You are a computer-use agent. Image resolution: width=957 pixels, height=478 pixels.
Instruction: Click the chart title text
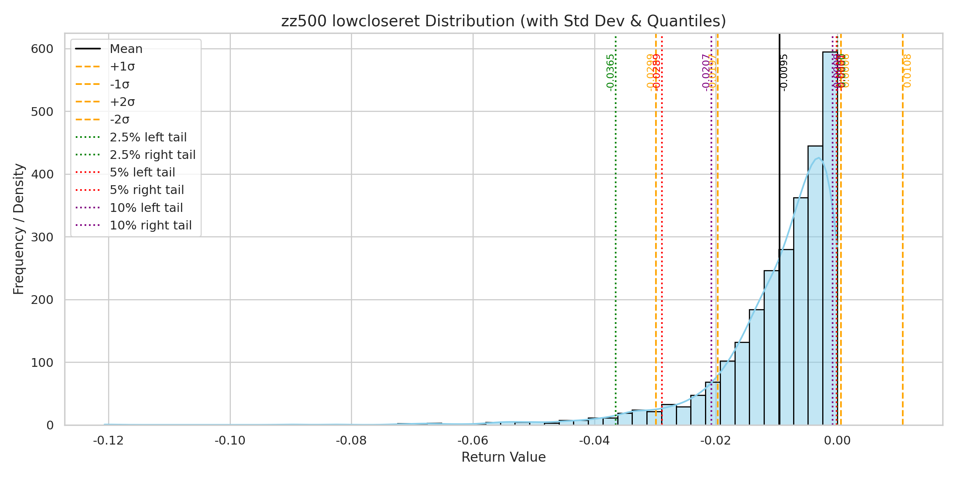point(503,21)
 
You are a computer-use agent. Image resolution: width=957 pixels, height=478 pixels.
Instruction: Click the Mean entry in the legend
point(126,49)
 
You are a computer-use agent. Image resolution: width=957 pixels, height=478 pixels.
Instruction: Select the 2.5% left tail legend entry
point(148,137)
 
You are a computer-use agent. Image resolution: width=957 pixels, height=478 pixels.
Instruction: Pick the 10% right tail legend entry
point(150,225)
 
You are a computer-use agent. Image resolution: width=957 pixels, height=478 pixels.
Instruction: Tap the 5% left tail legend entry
point(142,172)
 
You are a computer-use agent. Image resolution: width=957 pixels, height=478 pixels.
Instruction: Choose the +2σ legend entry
point(122,102)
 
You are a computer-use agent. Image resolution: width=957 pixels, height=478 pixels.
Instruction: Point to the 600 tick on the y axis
point(42,49)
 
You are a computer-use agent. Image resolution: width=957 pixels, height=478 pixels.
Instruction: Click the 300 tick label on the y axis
point(42,237)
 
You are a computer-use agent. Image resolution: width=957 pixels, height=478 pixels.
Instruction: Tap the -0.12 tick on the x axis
point(108,441)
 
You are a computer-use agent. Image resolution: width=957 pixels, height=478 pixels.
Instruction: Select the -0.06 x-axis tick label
point(473,441)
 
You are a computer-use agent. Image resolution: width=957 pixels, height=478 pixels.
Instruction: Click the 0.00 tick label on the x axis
point(837,441)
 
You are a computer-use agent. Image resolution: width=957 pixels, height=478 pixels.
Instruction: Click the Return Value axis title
point(503,457)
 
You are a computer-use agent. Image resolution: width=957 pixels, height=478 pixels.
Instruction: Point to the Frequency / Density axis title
point(19,229)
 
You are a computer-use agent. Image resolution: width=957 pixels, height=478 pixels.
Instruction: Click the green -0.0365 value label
point(610,72)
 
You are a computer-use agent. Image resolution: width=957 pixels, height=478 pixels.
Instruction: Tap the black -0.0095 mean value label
point(784,72)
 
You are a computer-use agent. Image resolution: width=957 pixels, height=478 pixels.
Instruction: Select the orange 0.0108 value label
point(908,71)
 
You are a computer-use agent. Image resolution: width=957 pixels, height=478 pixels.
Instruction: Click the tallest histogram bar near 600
point(830,239)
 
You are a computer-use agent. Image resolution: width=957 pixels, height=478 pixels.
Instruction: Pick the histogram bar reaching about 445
point(815,279)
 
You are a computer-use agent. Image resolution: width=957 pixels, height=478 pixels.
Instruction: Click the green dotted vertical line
point(616,239)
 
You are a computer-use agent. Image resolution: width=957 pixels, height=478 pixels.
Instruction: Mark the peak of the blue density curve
point(818,158)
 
